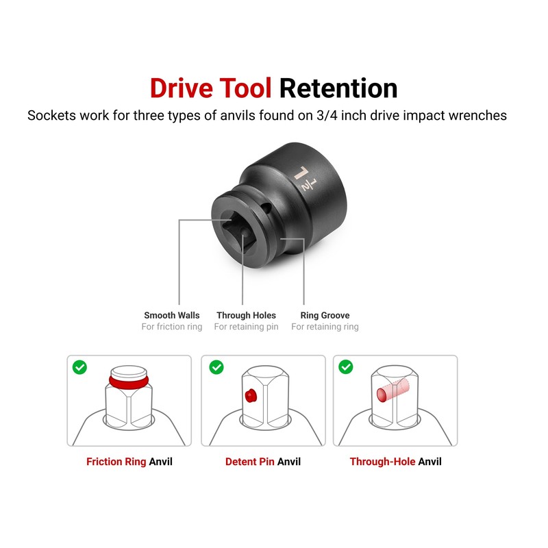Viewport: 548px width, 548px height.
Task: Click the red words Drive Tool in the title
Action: click(211, 88)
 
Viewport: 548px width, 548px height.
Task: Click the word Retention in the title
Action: click(338, 88)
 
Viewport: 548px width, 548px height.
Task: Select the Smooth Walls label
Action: click(172, 315)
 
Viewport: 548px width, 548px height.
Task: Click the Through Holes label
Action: click(246, 315)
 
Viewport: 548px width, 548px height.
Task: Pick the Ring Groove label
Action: click(325, 315)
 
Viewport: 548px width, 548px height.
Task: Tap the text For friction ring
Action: click(172, 327)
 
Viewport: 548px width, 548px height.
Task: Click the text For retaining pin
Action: click(246, 327)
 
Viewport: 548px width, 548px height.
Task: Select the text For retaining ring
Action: click(325, 327)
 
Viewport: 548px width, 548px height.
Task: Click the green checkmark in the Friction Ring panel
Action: click(80, 368)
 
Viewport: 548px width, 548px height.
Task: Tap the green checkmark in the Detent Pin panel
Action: click(216, 368)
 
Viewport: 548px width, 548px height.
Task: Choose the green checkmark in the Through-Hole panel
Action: click(346, 368)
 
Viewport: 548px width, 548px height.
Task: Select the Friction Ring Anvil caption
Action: click(129, 462)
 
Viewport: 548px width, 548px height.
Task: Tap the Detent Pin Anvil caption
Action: click(262, 462)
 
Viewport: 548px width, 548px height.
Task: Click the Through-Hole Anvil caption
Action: click(395, 462)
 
